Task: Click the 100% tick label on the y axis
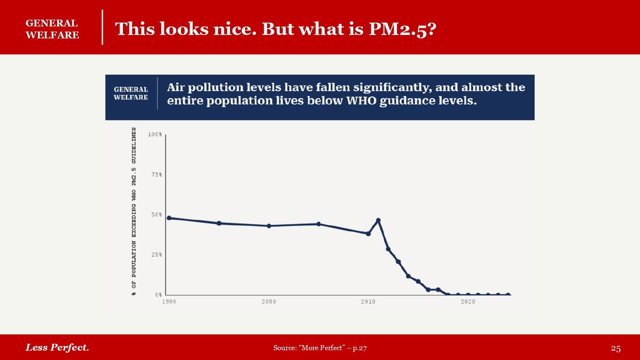[155, 134]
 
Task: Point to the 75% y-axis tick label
[156, 174]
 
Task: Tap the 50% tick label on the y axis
[156, 215]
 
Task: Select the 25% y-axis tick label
[156, 255]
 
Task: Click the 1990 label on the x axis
[169, 302]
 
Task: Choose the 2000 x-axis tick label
[269, 302]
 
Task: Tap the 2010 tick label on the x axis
[368, 302]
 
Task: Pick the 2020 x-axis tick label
[468, 302]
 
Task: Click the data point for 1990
[169, 218]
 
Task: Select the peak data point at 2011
[378, 221]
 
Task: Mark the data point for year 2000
[269, 226]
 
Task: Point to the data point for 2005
[319, 224]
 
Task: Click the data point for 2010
[368, 234]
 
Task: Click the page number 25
[616, 348]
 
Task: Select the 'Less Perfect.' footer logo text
[57, 347]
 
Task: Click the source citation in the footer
[320, 348]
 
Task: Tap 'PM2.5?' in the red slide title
[402, 29]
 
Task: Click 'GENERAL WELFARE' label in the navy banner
[131, 93]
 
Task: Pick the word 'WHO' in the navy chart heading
[361, 101]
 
